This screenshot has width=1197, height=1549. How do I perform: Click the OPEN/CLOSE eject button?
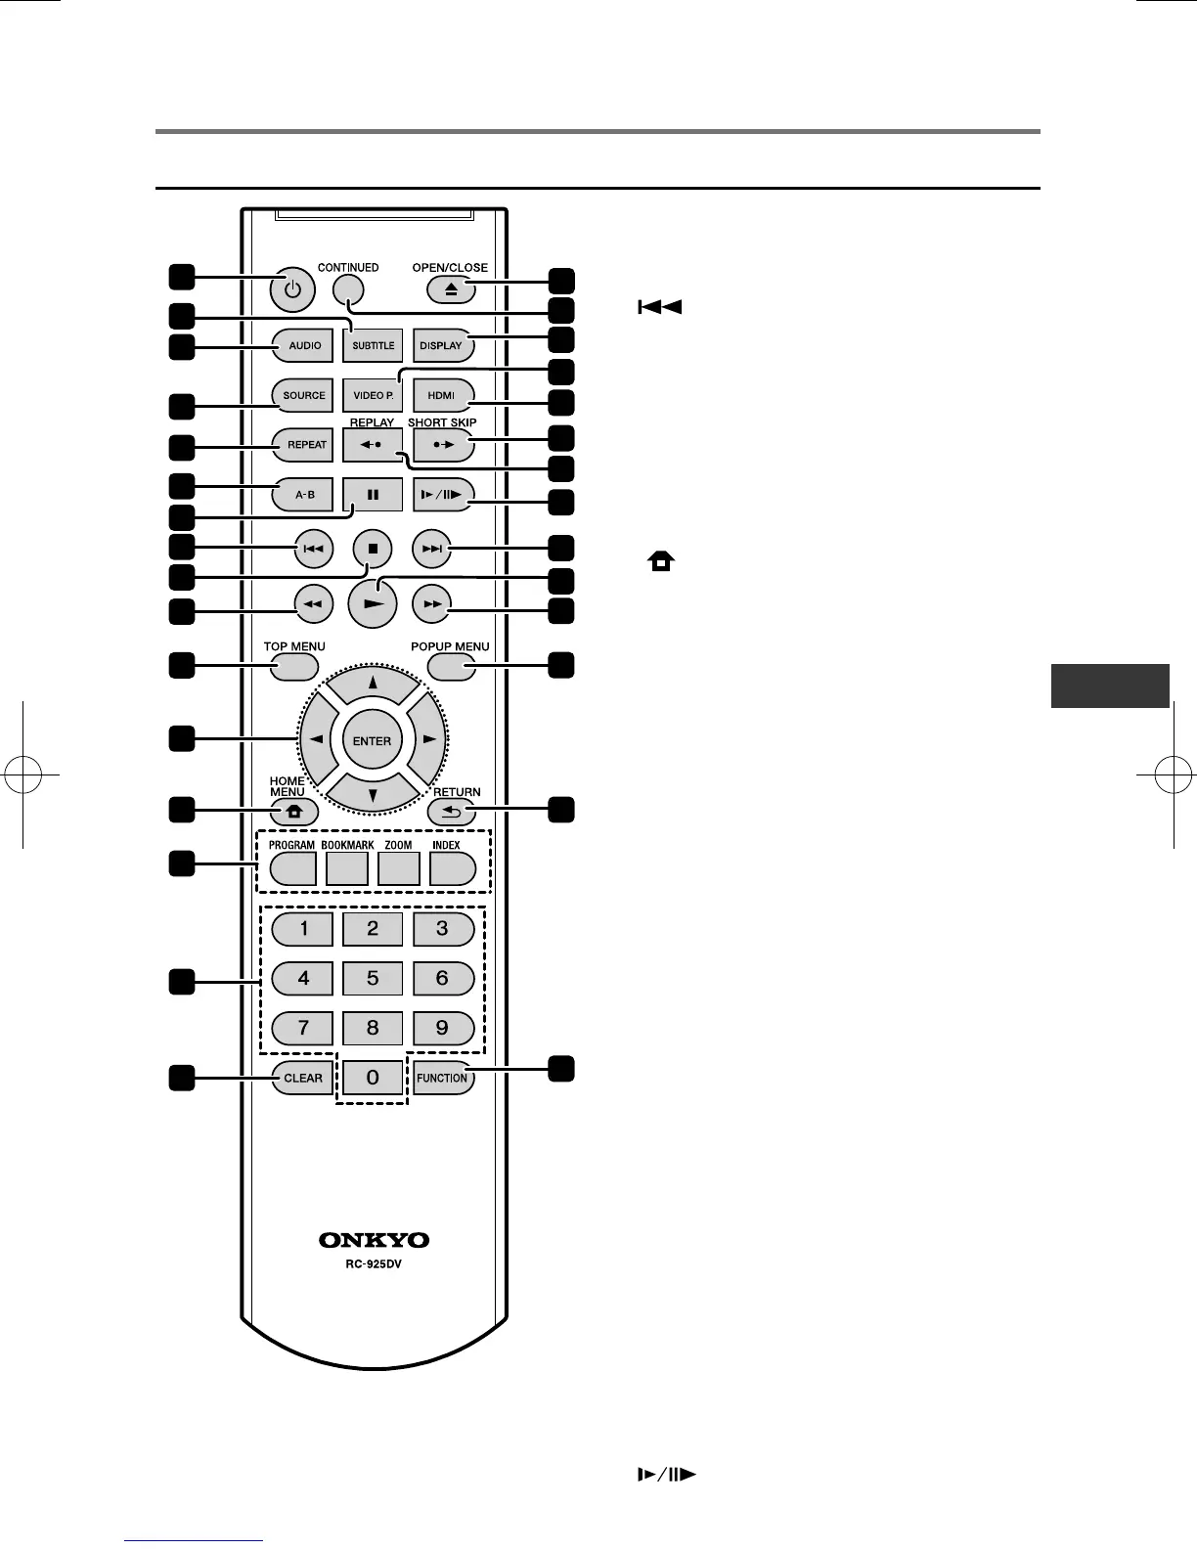click(x=450, y=289)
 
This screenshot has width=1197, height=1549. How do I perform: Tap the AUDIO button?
click(x=304, y=345)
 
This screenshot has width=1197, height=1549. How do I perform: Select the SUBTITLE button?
click(x=373, y=345)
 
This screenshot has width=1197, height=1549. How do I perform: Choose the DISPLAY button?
click(x=441, y=345)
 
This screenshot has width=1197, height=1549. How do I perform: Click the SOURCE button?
click(x=304, y=395)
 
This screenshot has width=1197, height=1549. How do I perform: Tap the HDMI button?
click(x=441, y=395)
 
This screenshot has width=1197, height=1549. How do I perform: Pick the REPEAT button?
click(x=304, y=444)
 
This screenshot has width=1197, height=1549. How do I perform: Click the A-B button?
click(x=304, y=494)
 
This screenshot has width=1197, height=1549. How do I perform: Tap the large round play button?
click(x=373, y=605)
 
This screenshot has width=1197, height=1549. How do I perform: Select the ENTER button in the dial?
click(x=373, y=741)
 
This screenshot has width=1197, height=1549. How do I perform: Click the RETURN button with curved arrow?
click(x=452, y=812)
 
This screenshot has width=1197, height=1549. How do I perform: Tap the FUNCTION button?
click(x=442, y=1078)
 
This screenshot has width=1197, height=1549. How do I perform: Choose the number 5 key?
click(x=373, y=978)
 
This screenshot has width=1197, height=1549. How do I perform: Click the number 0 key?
click(x=373, y=1078)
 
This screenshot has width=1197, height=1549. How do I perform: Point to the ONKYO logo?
click(x=374, y=1240)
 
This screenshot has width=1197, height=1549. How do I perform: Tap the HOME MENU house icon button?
click(x=294, y=812)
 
